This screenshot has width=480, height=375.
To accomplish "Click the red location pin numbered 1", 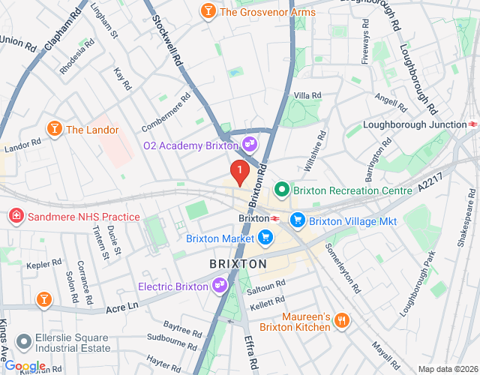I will (239, 172).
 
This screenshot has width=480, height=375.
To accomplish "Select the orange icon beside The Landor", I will (54, 130).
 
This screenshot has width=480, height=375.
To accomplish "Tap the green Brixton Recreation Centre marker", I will (283, 190).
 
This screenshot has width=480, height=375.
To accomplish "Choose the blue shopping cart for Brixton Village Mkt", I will (298, 220).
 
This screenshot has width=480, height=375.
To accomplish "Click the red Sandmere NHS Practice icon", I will (16, 217).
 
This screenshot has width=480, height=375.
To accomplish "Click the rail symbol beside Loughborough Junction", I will (473, 124).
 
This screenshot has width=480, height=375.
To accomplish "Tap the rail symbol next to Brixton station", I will (275, 218).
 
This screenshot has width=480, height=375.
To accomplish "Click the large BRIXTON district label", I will (238, 264).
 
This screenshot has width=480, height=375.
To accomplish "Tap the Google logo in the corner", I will (25, 366).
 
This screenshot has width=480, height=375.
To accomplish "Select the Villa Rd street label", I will (307, 95).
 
